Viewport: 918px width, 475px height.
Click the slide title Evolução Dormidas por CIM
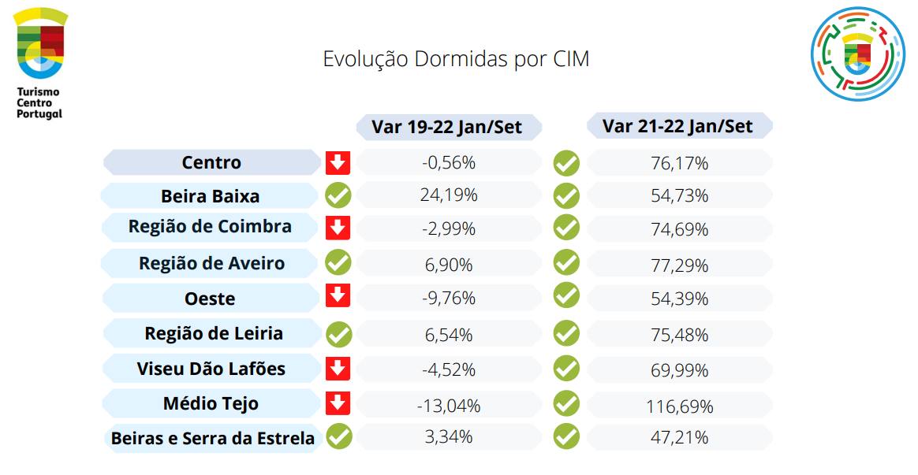(456, 59)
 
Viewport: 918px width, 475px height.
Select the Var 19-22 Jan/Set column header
(449, 127)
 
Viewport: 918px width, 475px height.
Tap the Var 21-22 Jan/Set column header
(678, 126)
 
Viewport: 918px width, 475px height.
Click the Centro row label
(211, 163)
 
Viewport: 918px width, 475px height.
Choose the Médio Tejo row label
(211, 404)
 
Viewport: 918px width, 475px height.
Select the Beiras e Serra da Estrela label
(212, 439)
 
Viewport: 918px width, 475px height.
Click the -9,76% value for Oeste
(449, 299)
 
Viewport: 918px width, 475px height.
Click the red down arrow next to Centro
(338, 163)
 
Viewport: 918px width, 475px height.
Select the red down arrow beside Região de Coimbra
(338, 228)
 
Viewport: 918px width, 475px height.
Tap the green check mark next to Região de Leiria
(338, 334)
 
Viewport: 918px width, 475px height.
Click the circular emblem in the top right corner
(858, 54)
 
